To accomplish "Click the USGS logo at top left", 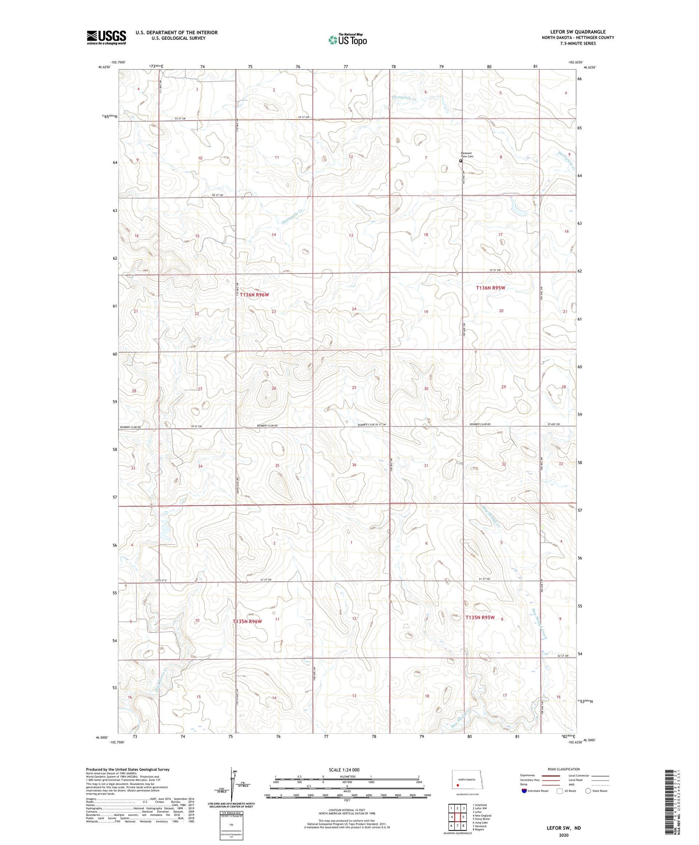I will pos(106,37).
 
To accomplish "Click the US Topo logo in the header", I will pos(347,40).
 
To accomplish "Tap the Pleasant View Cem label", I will pos(466,155).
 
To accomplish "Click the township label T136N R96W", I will pos(254,294).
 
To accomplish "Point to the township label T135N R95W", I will pos(480,618).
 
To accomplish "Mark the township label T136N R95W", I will pos(491,287).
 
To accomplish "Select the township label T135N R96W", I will pos(247,621).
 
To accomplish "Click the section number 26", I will pos(274,388).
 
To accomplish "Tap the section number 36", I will pos(354,465).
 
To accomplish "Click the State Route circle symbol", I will pos(588,791).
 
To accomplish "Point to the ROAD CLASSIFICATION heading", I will pos(564,769).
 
